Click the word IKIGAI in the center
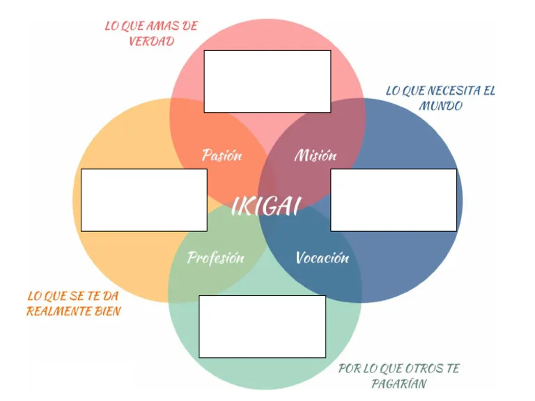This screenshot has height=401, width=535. coord(265,206)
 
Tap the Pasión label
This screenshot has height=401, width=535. coord(222,155)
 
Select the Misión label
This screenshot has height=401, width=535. coord(315,155)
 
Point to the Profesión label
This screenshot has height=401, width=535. coord(216,258)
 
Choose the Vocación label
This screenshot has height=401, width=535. coord(322,258)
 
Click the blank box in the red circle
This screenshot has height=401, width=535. coord(267,81)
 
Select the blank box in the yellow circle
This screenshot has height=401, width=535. coord(144,200)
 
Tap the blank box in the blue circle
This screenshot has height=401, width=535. coord(394,200)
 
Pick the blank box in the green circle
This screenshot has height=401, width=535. coord(262,327)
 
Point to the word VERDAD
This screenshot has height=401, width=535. coord(151,41)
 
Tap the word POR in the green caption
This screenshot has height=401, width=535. coord(349,369)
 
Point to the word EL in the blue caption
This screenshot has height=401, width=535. coord(489,91)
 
